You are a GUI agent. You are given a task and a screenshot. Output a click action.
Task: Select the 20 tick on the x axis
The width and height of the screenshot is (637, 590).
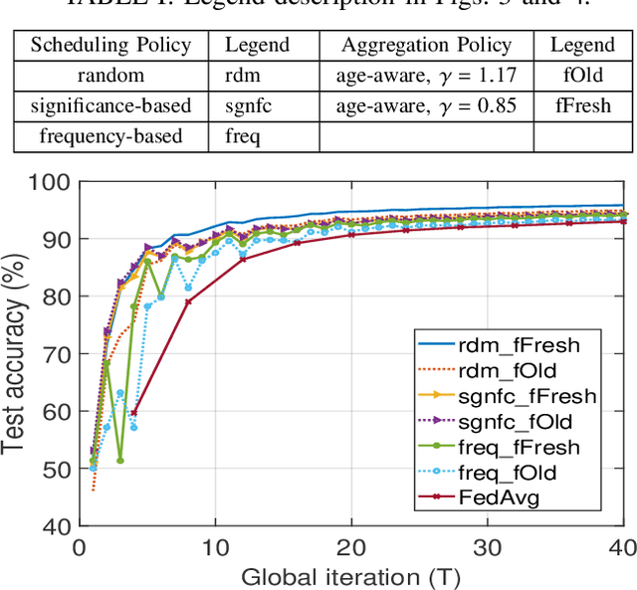350,546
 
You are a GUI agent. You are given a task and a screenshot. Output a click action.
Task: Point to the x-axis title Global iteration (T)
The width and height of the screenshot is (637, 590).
350,574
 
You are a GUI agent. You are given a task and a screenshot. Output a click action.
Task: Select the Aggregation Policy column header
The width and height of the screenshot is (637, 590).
426,45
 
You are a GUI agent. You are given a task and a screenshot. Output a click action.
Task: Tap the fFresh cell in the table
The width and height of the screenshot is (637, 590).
583,105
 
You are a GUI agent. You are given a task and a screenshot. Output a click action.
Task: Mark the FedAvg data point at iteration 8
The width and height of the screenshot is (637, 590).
188,301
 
